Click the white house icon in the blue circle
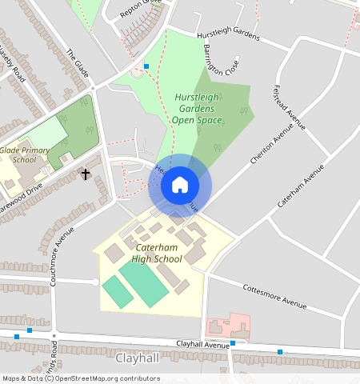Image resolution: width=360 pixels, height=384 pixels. [x=180, y=185]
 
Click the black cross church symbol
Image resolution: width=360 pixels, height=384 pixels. [x=86, y=174]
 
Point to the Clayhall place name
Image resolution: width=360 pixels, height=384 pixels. [x=138, y=358]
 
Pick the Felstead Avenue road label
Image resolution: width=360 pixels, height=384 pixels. [x=290, y=106]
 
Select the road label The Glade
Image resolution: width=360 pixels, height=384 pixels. [x=77, y=64]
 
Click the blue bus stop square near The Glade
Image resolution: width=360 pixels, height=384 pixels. [x=146, y=66]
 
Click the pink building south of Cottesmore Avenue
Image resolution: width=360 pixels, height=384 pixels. [x=228, y=326]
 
